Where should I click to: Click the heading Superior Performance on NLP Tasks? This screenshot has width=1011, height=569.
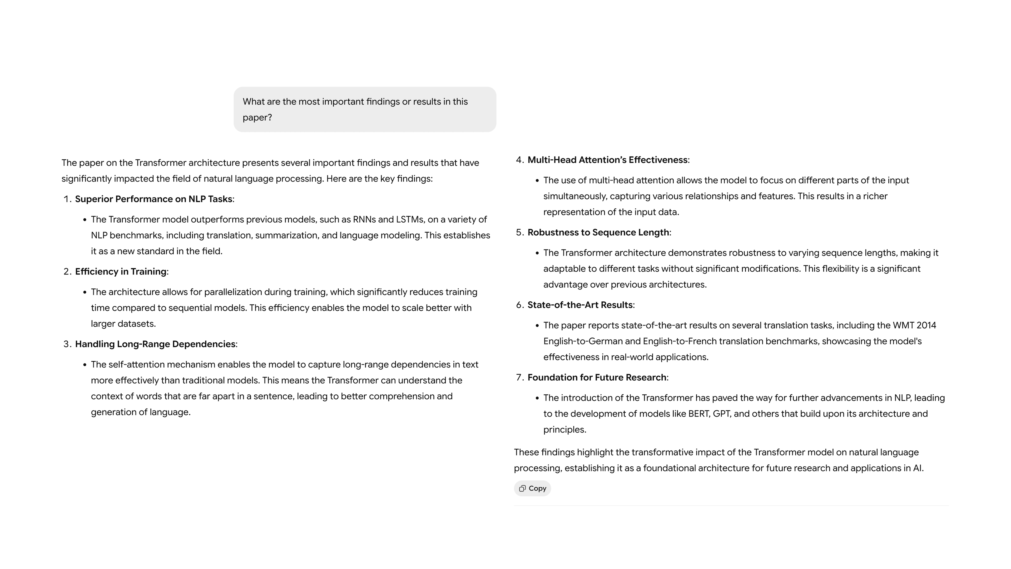pyautogui.click(x=153, y=199)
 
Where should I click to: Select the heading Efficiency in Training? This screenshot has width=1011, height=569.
pyautogui.click(x=121, y=272)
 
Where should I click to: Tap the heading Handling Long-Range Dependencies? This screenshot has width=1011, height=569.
pyautogui.click(x=155, y=344)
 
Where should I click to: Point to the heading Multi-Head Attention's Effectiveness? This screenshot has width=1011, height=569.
pyautogui.click(x=607, y=160)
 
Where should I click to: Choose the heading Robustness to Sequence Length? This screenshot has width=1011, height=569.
pyautogui.click(x=598, y=232)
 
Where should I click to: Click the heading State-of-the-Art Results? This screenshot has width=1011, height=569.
pyautogui.click(x=580, y=305)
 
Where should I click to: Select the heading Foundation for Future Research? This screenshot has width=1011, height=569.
pyautogui.click(x=597, y=378)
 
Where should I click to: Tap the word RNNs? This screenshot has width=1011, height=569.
pyautogui.click(x=364, y=219)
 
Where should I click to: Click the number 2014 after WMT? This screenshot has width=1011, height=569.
pyautogui.click(x=926, y=326)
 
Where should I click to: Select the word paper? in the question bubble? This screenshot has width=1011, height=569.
pyautogui.click(x=257, y=118)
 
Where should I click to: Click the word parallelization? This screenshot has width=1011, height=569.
pyautogui.click(x=233, y=292)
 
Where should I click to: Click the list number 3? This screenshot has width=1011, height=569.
pyautogui.click(x=66, y=344)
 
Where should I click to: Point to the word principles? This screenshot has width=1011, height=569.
pyautogui.click(x=564, y=430)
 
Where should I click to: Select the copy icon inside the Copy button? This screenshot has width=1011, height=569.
pyautogui.click(x=522, y=488)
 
